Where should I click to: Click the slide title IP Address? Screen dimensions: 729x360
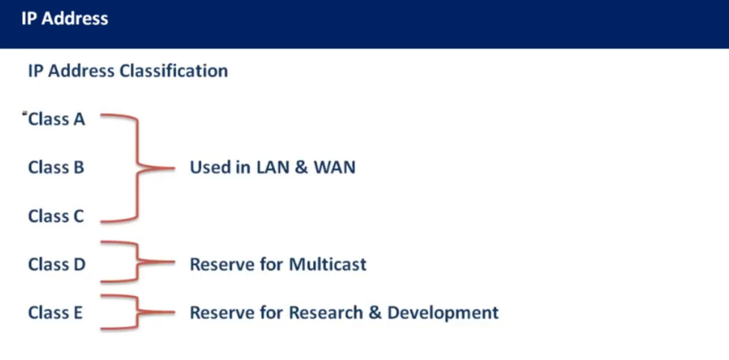(65, 18)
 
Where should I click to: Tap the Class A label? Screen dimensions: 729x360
(56, 120)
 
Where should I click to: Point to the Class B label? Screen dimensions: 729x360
(56, 167)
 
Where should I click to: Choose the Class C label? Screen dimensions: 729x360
(56, 216)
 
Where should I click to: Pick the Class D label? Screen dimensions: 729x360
(57, 265)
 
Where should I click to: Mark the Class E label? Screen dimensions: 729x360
(56, 312)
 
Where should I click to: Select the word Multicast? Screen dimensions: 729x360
(327, 265)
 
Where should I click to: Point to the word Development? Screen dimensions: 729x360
(443, 313)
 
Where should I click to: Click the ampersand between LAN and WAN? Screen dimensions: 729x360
(301, 167)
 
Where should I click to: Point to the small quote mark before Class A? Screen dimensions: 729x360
(25, 113)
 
